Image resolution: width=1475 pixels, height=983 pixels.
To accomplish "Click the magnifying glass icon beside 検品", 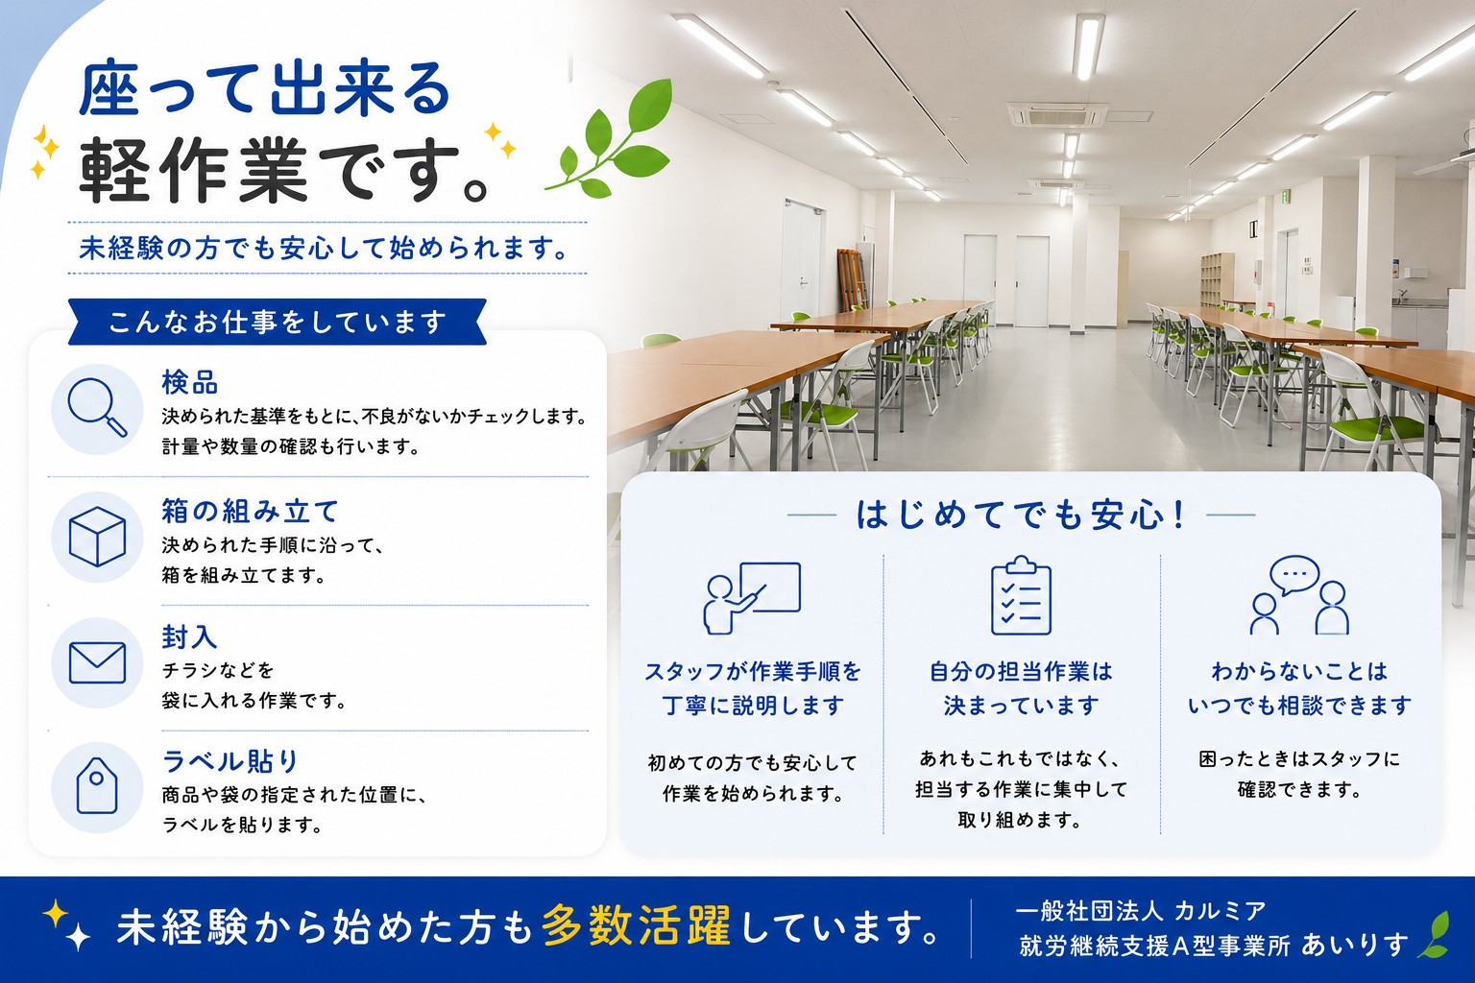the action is (97, 408).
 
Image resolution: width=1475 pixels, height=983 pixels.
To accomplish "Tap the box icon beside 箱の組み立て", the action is (97, 537).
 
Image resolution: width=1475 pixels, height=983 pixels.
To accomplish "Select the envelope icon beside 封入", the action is (97, 662).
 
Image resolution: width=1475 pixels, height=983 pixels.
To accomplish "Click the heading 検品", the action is (189, 382).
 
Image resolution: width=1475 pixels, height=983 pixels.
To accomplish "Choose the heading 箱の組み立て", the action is (251, 511).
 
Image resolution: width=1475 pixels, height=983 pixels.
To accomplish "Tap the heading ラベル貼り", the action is (230, 761).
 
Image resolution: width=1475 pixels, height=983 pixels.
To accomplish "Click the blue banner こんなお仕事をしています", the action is (278, 322).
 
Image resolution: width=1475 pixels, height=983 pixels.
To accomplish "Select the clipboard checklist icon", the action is (1022, 596).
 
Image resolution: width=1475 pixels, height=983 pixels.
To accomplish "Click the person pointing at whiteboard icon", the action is (752, 598).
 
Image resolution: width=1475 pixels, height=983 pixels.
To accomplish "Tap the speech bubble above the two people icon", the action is (1294, 575).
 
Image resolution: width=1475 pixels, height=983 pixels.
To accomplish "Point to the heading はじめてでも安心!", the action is (1022, 515).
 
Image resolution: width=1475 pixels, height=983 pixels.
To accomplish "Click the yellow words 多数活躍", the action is (637, 926).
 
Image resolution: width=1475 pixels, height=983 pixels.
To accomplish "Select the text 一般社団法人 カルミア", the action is (1141, 911).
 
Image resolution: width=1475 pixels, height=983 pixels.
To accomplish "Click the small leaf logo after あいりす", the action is (1434, 934).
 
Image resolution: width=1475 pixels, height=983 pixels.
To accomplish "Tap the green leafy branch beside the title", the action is (609, 139).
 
